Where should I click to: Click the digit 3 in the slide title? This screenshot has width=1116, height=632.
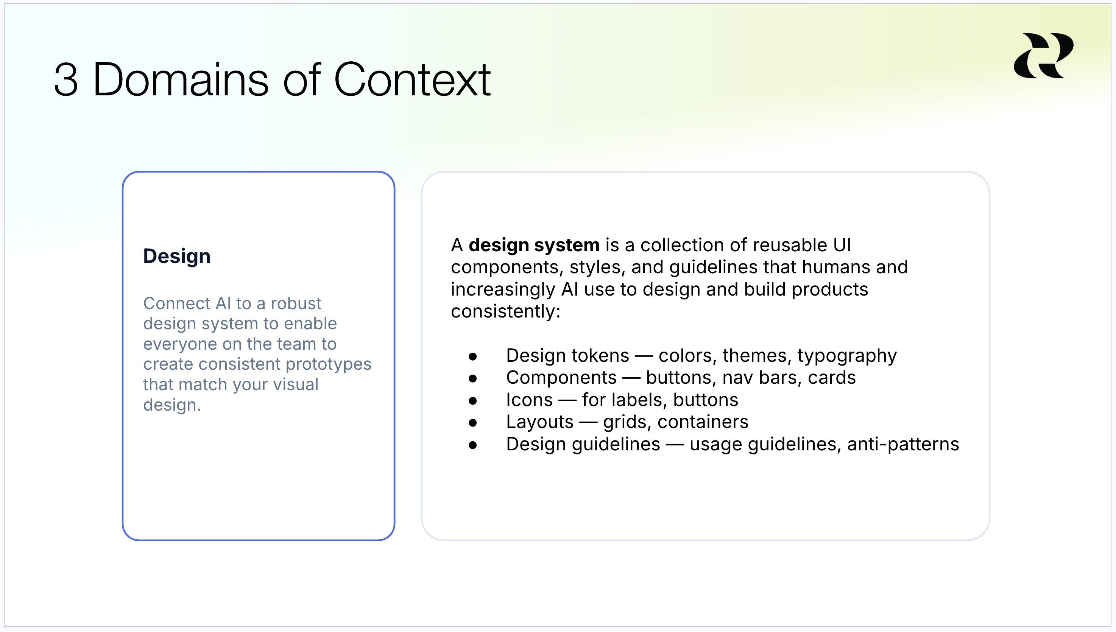point(66,80)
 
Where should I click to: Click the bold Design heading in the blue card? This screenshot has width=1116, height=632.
point(177,256)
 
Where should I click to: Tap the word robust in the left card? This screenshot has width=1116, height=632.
point(296,303)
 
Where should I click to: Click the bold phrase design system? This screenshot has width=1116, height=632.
point(534,246)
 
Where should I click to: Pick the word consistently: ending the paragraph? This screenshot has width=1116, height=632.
point(505,311)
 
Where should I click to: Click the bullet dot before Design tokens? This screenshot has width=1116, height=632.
point(473,357)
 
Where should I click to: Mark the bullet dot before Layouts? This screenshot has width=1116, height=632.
point(473,423)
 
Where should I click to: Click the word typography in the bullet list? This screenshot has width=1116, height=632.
point(847,356)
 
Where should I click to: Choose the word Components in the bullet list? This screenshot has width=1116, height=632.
point(561,378)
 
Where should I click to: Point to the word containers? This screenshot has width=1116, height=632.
point(703,422)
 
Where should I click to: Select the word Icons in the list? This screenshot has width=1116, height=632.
point(529,400)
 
